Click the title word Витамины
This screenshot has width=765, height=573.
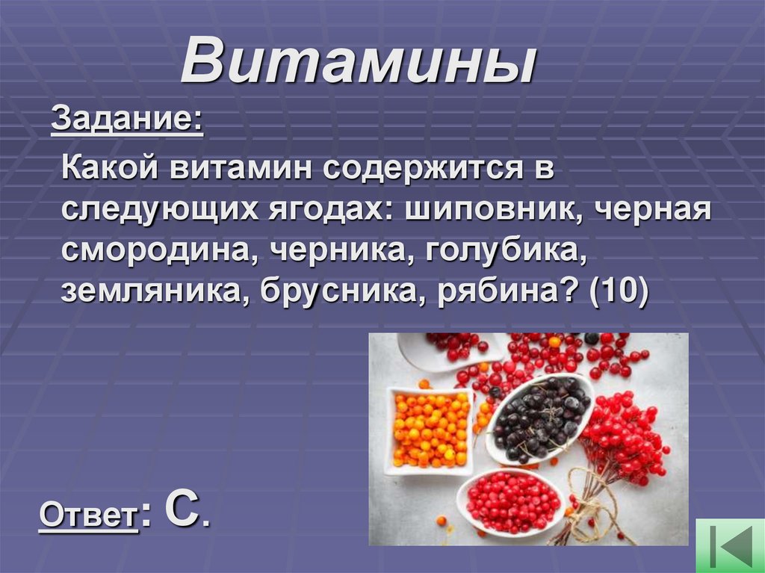click(359, 61)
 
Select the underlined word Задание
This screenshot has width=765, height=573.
click(126, 120)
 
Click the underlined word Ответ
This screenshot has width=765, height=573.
click(88, 515)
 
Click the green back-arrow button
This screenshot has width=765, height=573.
click(730, 545)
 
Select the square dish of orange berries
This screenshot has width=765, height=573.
click(430, 429)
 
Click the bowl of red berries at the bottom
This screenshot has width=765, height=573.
click(511, 499)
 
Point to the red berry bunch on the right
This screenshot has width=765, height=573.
click(625, 433)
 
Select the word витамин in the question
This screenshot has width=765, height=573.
click(244, 169)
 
